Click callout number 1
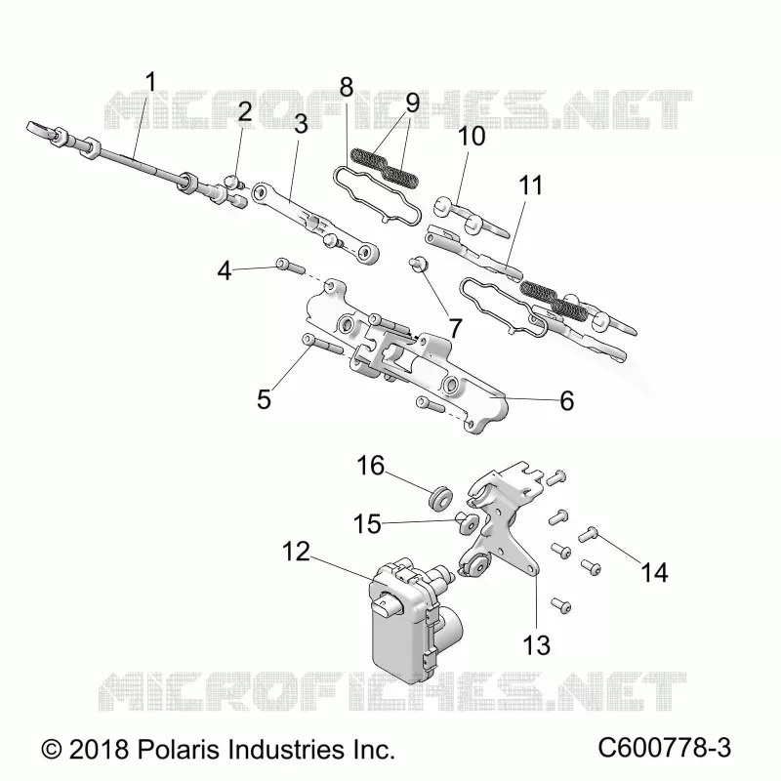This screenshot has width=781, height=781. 150,82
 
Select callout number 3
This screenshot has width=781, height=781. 301,124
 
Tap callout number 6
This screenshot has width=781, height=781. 567,400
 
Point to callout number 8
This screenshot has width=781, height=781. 347,87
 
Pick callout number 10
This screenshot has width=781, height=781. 472,136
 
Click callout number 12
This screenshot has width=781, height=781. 296,552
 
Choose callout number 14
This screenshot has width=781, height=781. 654,572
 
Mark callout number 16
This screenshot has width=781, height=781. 371,467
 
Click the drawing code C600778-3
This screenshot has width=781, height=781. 665,748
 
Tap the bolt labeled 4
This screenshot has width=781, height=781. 290,266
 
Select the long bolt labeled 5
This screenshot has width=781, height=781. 322,345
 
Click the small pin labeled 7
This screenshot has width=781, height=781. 417,263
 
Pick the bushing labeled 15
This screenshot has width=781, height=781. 467,522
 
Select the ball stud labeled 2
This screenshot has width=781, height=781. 233,182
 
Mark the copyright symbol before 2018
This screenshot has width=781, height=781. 52,749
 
